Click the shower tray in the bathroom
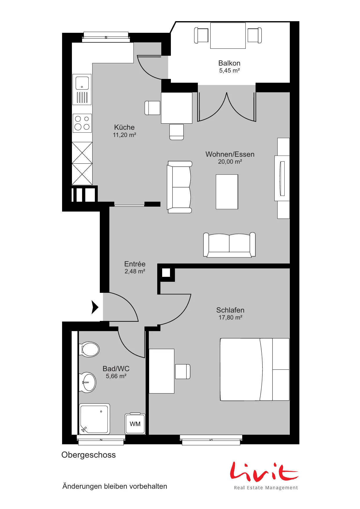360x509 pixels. tap(95, 419)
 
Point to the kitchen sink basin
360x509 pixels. tap(82, 83)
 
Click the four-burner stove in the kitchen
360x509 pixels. tap(82, 123)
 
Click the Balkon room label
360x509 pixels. tap(229, 63)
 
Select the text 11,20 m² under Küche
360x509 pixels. tap(124, 135)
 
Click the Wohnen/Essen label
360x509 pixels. tap(230, 154)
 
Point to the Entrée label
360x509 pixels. tap(135, 264)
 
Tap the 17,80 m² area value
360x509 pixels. tap(230, 317)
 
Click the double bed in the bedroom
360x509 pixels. tap(255, 369)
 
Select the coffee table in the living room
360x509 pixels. tap(227, 192)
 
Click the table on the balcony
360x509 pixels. tap(228, 36)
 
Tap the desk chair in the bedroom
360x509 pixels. tap(183, 371)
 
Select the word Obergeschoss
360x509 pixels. tap(88, 455)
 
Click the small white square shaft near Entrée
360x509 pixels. tap(166, 273)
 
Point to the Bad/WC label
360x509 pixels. tap(116, 369)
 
